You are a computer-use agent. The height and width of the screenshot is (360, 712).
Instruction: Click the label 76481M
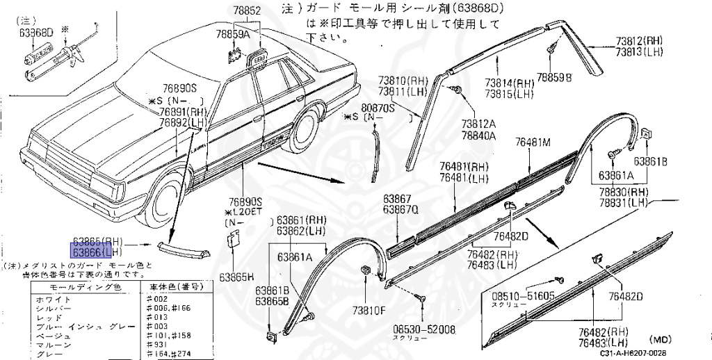533,142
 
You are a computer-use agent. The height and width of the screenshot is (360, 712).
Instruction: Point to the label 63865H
238,276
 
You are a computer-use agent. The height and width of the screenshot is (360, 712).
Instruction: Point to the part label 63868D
36,32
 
